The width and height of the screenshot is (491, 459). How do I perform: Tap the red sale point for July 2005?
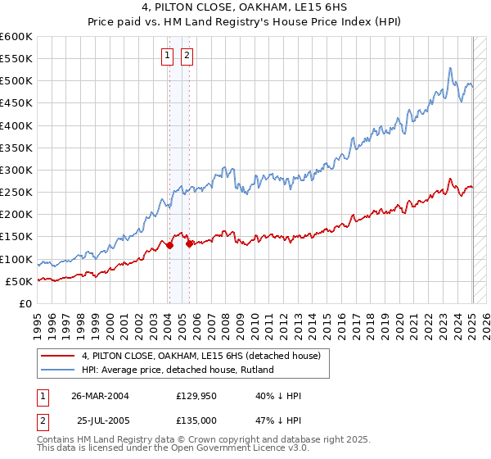pyautogui.click(x=189, y=243)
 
